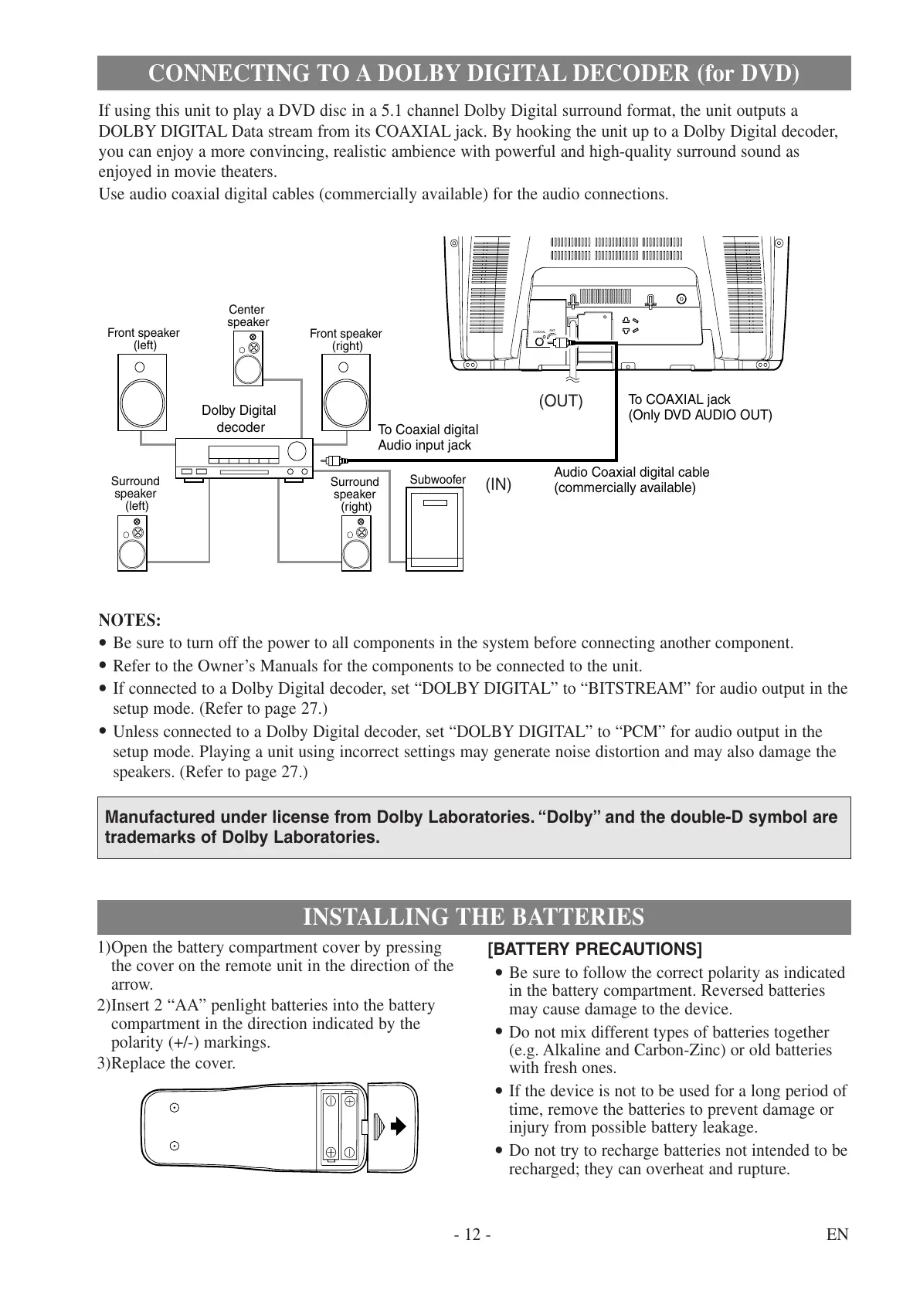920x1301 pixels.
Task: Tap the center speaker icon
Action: tap(248, 358)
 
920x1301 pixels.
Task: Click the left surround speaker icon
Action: tap(132, 543)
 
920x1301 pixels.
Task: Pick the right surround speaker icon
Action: tap(356, 543)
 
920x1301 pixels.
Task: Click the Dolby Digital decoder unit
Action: tap(243, 458)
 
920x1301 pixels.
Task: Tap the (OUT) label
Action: tap(561, 402)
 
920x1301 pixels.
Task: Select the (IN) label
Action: tap(498, 485)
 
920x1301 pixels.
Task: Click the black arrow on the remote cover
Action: tap(398, 1126)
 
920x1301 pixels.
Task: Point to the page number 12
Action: tap(473, 1235)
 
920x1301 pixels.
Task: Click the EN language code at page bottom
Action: tap(837, 1235)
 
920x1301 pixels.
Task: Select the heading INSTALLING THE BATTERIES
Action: tap(473, 917)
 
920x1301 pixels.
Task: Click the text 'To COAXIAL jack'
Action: tap(679, 399)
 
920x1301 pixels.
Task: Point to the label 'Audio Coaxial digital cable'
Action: tap(631, 472)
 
